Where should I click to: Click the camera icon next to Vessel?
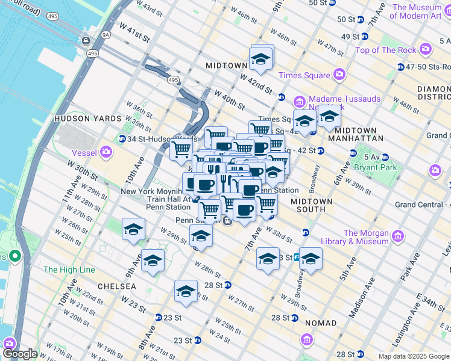click(x=107, y=153)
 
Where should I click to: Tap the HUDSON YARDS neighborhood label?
click(x=88, y=119)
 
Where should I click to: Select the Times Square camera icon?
click(x=339, y=75)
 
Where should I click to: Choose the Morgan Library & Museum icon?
click(x=397, y=237)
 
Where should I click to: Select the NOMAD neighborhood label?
click(x=321, y=323)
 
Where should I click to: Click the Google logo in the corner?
click(x=20, y=354)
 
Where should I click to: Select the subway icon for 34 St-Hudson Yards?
click(x=122, y=138)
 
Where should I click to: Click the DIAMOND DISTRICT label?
click(x=434, y=93)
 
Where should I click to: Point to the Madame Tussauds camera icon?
click(x=300, y=99)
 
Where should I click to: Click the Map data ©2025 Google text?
click(x=413, y=356)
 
